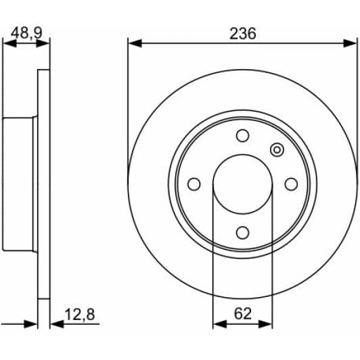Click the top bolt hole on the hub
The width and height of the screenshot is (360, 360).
click(242, 136)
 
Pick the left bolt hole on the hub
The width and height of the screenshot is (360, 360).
click(194, 184)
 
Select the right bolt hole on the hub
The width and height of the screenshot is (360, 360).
click(291, 184)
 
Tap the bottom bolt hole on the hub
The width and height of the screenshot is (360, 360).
click(242, 232)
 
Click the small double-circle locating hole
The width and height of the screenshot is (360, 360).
click(277, 150)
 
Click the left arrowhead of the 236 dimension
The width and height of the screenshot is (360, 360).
click(133, 43)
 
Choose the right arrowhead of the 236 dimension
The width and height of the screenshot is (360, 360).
click(353, 43)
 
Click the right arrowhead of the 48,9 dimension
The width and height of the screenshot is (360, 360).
click(45, 43)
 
